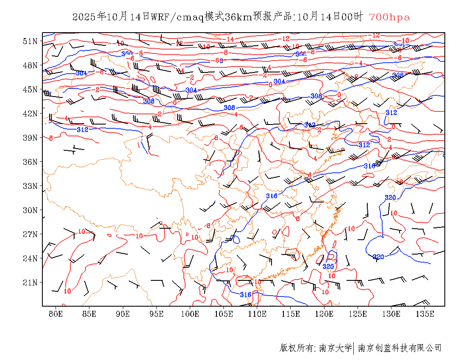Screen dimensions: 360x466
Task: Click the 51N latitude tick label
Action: tap(31, 41)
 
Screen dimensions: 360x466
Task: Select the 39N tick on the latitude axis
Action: tap(31, 138)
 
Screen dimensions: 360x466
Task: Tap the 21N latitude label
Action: tap(31, 282)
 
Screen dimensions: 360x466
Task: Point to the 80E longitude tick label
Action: tap(56, 314)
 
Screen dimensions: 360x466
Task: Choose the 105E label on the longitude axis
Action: tap(224, 314)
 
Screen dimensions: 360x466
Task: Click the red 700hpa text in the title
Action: tap(389, 17)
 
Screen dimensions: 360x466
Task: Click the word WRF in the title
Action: tap(160, 17)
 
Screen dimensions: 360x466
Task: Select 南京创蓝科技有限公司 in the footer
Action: tap(399, 348)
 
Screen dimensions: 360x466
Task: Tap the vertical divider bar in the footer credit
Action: tap(354, 348)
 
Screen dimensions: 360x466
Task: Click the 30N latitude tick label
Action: tap(31, 210)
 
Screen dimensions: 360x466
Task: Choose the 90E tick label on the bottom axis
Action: tap(123, 314)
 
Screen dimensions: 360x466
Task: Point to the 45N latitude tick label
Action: tap(31, 89)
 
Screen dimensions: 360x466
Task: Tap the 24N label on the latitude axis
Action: tap(31, 258)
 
